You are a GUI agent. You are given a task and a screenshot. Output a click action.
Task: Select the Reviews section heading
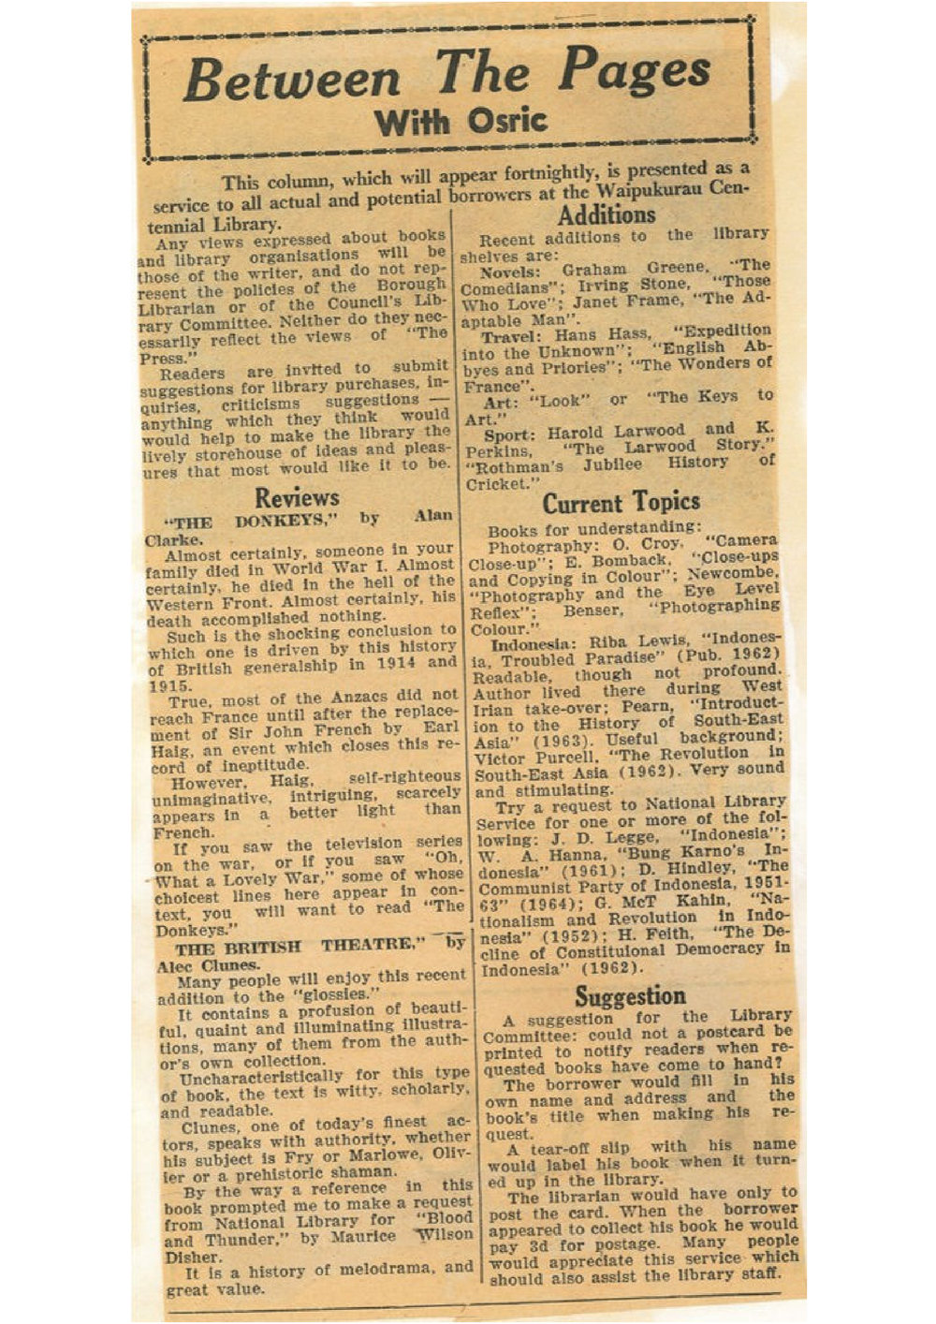tap(297, 496)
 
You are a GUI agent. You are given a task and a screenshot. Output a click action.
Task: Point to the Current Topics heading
tap(621, 503)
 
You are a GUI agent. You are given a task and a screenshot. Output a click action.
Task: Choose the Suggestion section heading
tap(630, 995)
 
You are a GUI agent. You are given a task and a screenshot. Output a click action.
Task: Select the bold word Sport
tap(511, 435)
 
